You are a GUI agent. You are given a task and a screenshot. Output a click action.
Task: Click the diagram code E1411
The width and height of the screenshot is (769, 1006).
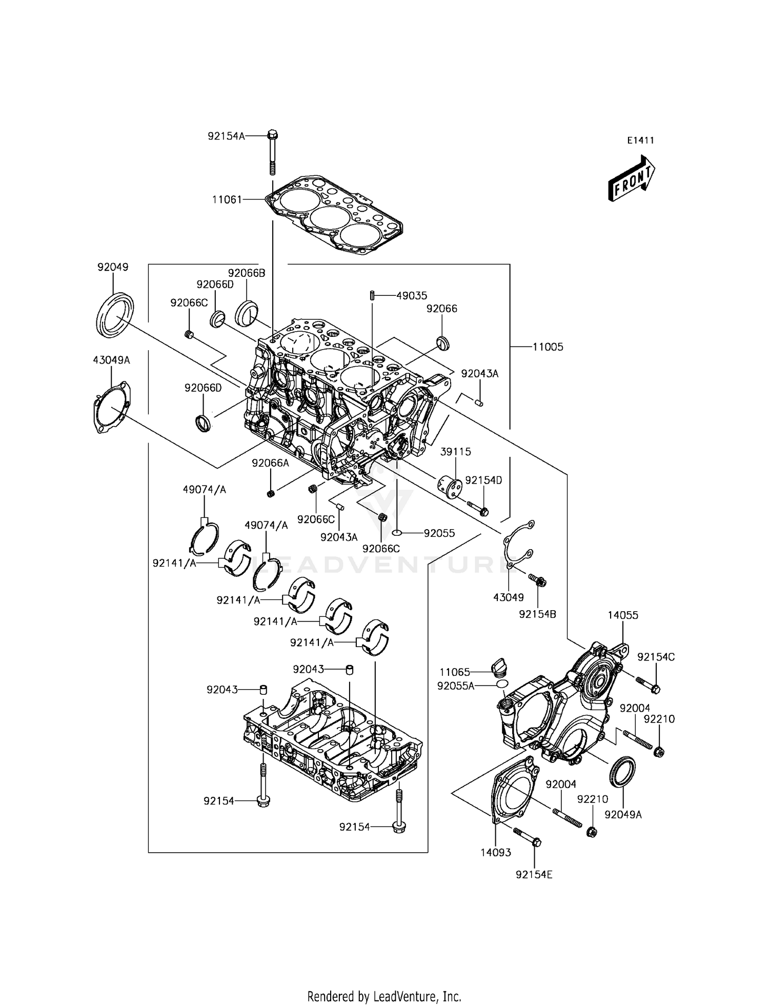(640, 140)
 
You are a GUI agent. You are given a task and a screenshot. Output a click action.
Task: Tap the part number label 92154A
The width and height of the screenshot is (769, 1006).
(226, 136)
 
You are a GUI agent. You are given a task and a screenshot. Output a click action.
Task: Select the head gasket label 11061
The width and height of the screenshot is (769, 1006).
(227, 199)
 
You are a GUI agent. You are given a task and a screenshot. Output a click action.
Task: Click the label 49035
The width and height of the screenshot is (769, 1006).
(412, 296)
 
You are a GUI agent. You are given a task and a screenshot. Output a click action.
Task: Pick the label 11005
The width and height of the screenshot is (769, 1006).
(548, 347)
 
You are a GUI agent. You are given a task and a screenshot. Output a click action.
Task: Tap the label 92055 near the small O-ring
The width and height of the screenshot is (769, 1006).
(439, 533)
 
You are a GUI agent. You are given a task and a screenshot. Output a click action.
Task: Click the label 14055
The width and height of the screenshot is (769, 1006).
(623, 615)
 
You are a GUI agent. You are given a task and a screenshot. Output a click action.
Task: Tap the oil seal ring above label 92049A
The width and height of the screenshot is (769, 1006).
(622, 770)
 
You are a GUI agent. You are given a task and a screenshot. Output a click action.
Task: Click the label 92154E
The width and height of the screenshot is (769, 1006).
(534, 875)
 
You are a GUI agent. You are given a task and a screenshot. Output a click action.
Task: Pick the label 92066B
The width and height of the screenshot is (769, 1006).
(247, 273)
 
